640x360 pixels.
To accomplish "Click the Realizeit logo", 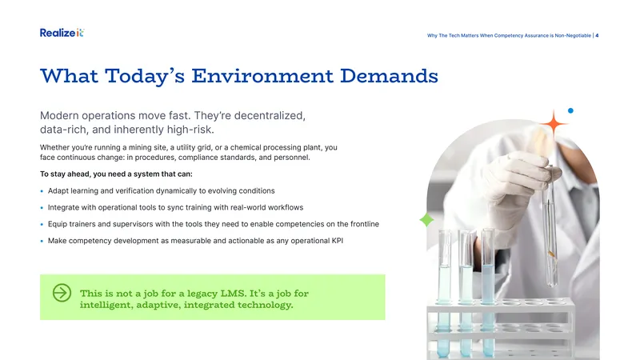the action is pyautogui.click(x=62, y=33).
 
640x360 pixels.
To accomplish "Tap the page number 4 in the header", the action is pyautogui.click(x=597, y=35).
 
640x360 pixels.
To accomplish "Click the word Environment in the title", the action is pyautogui.click(x=262, y=76).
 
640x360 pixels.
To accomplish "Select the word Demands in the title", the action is pyautogui.click(x=389, y=76).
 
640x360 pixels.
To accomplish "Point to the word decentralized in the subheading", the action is pyautogui.click(x=270, y=115).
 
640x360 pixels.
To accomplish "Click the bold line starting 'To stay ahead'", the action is pyautogui.click(x=116, y=174).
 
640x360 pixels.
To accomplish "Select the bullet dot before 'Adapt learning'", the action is pyautogui.click(x=42, y=191).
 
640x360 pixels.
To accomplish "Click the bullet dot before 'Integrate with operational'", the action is pyautogui.click(x=42, y=208).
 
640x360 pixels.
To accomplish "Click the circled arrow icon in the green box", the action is pyautogui.click(x=62, y=293).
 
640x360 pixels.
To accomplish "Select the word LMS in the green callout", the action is pyautogui.click(x=233, y=294).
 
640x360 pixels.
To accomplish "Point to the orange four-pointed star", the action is pyautogui.click(x=554, y=123).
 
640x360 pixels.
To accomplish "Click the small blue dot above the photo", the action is pyautogui.click(x=570, y=110).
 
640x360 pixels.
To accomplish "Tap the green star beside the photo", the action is pyautogui.click(x=426, y=219).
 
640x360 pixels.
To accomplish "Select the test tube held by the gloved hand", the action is pyautogui.click(x=550, y=229).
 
